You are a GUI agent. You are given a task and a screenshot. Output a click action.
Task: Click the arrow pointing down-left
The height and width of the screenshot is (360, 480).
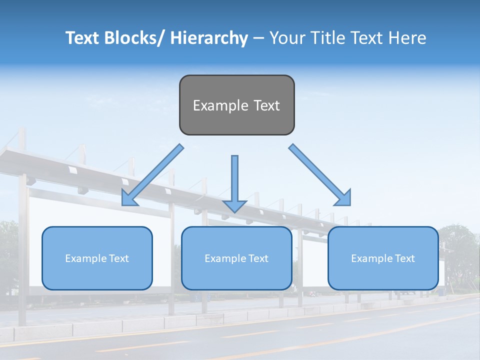[x=153, y=175]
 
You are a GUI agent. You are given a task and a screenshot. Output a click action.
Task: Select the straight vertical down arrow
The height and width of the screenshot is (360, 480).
[x=234, y=182]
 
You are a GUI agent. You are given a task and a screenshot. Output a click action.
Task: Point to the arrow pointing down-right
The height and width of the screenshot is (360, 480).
[x=320, y=175]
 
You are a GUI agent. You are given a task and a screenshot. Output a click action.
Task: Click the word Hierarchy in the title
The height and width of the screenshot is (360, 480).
[x=208, y=38]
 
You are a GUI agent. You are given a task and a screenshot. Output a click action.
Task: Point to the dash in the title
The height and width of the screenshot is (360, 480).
[x=258, y=38]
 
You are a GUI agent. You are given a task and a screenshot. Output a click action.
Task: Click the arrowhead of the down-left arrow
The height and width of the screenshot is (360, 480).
[x=128, y=198]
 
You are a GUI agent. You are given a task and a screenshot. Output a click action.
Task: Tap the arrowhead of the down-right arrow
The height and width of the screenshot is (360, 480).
[x=343, y=198]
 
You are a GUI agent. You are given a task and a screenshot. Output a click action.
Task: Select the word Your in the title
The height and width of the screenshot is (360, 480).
[x=286, y=38]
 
